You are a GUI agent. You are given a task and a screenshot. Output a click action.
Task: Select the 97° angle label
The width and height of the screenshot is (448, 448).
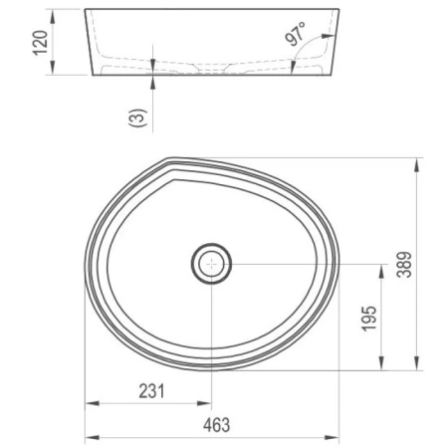pyautogui.click(x=296, y=35)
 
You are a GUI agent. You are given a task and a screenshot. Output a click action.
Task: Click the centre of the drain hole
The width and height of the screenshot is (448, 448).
pyautogui.click(x=211, y=264)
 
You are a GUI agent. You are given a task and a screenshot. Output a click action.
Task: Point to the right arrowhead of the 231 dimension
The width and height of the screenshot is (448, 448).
pyautogui.click(x=207, y=404)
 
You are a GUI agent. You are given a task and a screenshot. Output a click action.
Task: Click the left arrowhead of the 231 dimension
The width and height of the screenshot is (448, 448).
pyautogui.click(x=87, y=404)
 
